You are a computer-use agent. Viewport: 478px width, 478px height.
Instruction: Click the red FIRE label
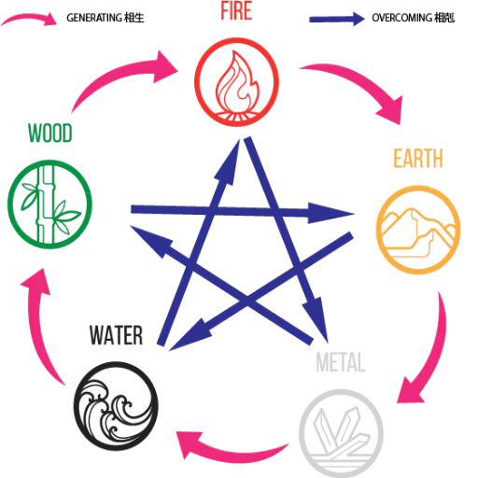tap(236, 11)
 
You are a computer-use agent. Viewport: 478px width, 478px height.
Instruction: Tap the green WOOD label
tap(50, 133)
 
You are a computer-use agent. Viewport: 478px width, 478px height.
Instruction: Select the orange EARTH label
tap(418, 159)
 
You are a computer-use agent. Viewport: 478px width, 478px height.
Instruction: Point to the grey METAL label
tap(341, 362)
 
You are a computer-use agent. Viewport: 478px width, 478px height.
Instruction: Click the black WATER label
tap(117, 335)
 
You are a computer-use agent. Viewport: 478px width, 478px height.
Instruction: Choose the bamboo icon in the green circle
tap(49, 204)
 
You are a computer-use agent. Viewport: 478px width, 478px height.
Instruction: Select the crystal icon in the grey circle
tap(341, 433)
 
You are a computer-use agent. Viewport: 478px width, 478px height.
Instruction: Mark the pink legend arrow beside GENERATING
tap(30, 19)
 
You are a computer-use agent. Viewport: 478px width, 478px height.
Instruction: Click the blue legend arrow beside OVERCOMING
tap(337, 19)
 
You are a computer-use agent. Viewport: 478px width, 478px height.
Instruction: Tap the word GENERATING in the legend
tap(94, 18)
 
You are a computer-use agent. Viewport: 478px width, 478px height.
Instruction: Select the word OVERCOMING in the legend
tap(402, 18)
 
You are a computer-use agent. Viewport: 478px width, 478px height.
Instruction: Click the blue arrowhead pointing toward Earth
tap(330, 213)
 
